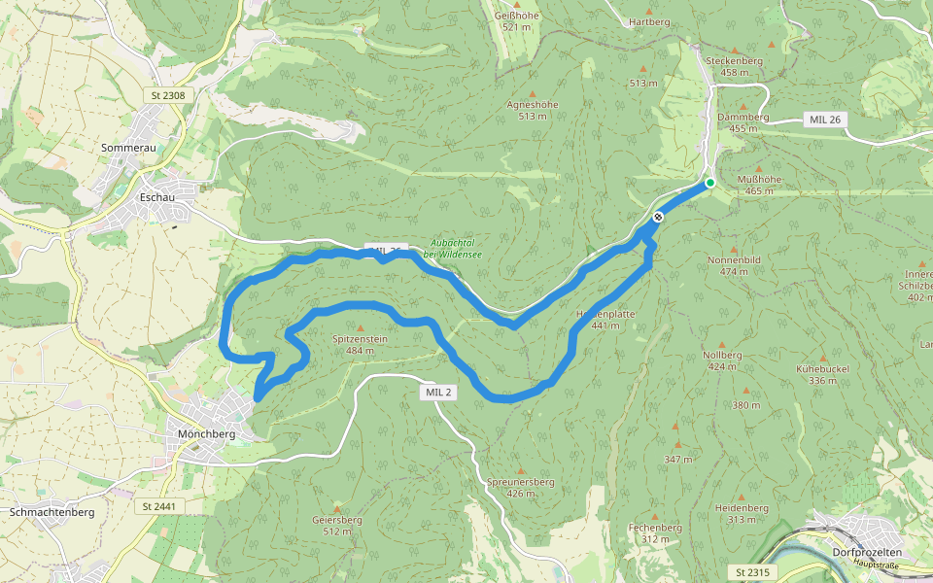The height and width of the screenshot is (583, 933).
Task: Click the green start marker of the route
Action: (710, 183)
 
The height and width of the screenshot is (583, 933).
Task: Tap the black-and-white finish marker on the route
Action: (658, 217)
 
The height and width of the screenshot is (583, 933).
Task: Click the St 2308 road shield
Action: (168, 95)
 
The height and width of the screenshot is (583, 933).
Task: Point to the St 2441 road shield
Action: (158, 506)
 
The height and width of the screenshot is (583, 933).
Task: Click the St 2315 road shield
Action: (753, 572)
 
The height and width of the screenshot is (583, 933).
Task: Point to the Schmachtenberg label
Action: (52, 512)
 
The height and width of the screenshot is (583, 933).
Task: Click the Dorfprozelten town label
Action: (867, 552)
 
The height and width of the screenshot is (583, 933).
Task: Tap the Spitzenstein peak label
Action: (360, 339)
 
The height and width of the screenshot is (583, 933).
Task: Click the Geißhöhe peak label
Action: (516, 17)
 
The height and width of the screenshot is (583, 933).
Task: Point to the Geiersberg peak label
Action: (336, 520)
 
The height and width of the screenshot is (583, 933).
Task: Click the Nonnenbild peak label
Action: (735, 260)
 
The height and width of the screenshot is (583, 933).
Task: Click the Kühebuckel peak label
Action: (822, 370)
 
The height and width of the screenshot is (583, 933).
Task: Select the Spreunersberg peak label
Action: (520, 482)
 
